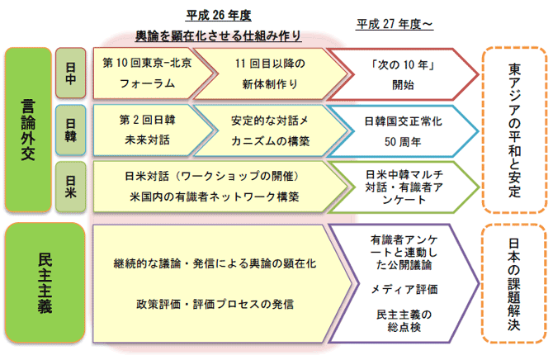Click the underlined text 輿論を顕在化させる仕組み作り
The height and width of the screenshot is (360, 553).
(218, 36)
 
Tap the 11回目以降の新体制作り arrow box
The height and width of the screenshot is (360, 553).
(262, 73)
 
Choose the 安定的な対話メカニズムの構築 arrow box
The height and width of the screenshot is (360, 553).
(262, 130)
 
